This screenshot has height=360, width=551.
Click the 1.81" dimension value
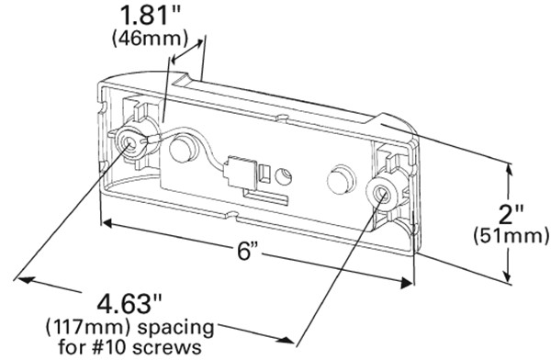click(150, 15)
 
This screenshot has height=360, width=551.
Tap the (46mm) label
click(150, 39)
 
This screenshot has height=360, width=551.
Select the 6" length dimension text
click(247, 252)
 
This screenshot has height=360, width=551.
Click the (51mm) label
click(511, 236)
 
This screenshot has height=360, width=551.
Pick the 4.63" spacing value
click(129, 304)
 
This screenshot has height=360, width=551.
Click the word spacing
click(175, 328)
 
